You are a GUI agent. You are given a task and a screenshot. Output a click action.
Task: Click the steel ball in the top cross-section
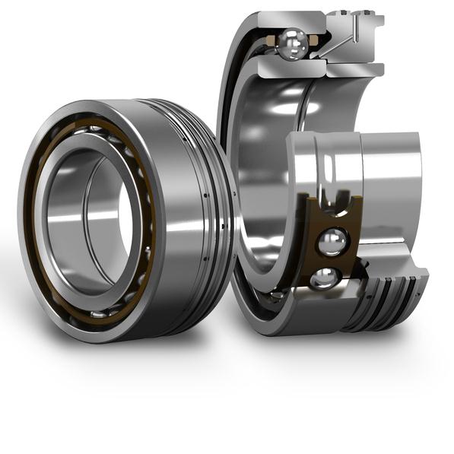[291, 44]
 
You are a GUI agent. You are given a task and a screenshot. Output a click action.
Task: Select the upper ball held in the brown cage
[332, 242]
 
